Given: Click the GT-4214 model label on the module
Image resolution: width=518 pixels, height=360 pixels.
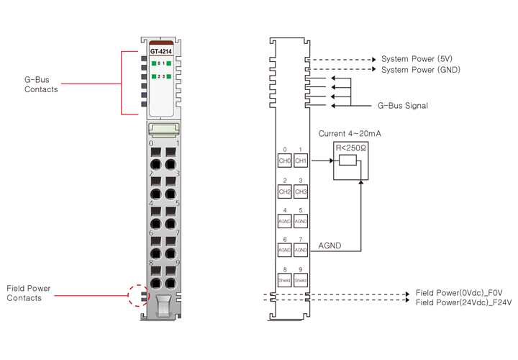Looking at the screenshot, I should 160,53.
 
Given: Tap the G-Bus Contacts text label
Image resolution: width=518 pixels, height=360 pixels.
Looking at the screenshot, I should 41,85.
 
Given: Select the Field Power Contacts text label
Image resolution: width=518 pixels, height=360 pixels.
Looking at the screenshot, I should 29,293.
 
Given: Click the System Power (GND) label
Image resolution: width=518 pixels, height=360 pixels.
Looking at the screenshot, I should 421,70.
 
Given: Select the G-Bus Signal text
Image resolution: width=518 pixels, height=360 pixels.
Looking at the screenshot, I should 403,106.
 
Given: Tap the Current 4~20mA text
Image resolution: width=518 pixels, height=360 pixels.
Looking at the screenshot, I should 349,133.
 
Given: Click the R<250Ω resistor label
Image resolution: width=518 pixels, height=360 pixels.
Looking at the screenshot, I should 350,148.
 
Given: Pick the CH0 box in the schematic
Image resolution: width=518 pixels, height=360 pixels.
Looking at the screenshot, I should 285,161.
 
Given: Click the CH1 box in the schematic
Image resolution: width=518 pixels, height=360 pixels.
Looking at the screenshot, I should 301,161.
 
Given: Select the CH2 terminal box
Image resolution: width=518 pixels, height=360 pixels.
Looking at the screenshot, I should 285,192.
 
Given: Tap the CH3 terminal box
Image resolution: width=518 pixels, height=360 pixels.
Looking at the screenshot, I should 301,192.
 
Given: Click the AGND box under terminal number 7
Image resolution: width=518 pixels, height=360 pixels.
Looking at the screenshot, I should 301,250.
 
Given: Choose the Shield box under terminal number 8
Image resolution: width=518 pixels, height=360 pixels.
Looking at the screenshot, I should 285,279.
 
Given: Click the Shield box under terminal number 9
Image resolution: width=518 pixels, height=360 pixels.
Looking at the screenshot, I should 301,279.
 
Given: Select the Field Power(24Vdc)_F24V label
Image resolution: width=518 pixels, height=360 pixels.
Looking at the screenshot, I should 464,303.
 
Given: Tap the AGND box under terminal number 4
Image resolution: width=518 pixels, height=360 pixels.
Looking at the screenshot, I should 285,221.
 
